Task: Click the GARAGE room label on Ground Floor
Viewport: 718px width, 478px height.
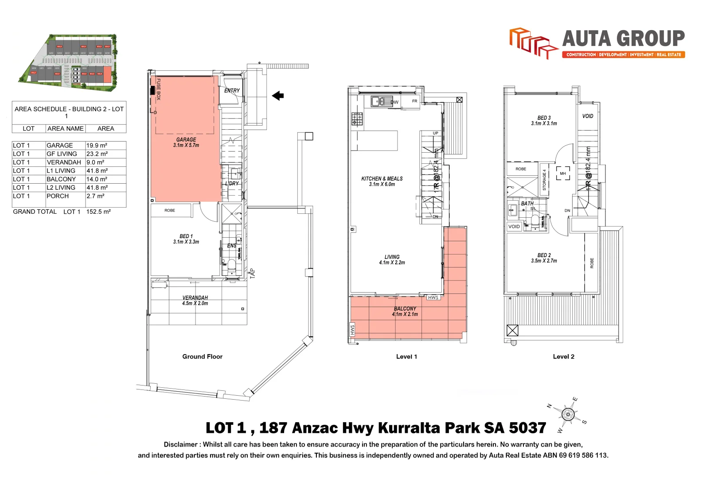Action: [x=186, y=140]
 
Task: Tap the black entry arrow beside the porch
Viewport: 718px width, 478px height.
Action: [x=278, y=96]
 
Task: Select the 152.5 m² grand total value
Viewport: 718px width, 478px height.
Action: [x=98, y=212]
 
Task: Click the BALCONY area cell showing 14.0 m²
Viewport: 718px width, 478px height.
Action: [x=97, y=179]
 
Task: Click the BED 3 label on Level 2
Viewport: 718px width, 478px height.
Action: [x=544, y=118]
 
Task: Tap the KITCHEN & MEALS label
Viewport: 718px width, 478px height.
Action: [x=382, y=179]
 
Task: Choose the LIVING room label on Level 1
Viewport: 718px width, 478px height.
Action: [x=392, y=257]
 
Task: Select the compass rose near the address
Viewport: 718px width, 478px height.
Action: [x=568, y=415]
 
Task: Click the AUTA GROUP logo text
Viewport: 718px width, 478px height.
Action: [x=623, y=39]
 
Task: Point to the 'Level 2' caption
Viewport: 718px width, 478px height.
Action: [x=563, y=357]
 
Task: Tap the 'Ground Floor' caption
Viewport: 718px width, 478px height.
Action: [x=202, y=357]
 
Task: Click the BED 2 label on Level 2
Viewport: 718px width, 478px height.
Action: [x=544, y=255]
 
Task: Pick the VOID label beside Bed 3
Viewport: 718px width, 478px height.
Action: [x=588, y=116]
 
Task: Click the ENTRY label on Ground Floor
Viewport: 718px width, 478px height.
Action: [x=232, y=91]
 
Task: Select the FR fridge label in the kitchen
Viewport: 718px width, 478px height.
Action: [x=415, y=101]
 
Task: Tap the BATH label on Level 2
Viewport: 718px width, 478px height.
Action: [x=527, y=204]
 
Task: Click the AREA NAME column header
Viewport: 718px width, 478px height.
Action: [x=66, y=129]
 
